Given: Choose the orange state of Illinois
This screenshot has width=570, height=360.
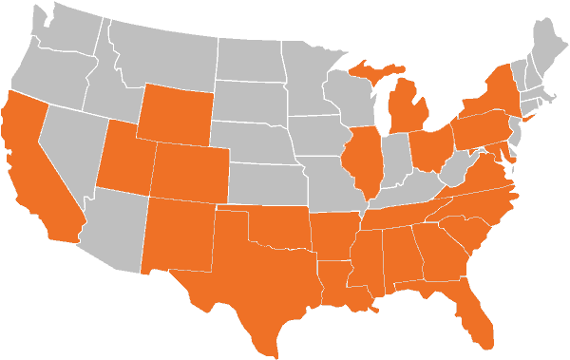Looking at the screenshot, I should (363, 161).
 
